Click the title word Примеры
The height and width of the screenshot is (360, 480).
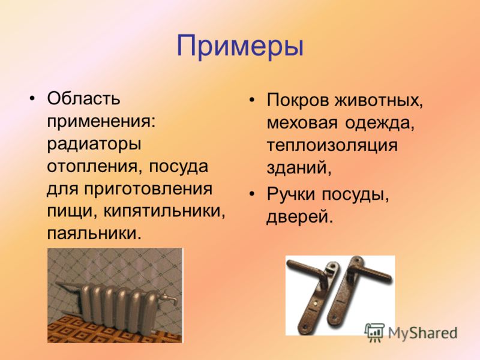tap(240, 47)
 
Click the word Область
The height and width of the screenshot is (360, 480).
tap(83, 98)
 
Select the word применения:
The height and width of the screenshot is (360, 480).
tap(101, 122)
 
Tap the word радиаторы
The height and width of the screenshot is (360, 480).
tap(94, 145)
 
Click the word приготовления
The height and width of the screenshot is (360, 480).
tap(148, 189)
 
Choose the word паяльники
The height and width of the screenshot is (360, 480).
tap(95, 233)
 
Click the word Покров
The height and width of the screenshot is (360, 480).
tap(298, 100)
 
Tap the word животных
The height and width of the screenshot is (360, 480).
tap(379, 100)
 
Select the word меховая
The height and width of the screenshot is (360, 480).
tap(302, 123)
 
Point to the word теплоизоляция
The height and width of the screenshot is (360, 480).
tap(332, 146)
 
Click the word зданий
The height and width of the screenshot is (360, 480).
tap(299, 167)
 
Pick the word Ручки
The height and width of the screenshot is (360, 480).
tap(291, 194)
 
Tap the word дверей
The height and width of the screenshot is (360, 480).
tap(299, 217)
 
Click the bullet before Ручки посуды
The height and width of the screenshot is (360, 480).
tap(252, 194)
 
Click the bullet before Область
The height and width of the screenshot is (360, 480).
tap(32, 98)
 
